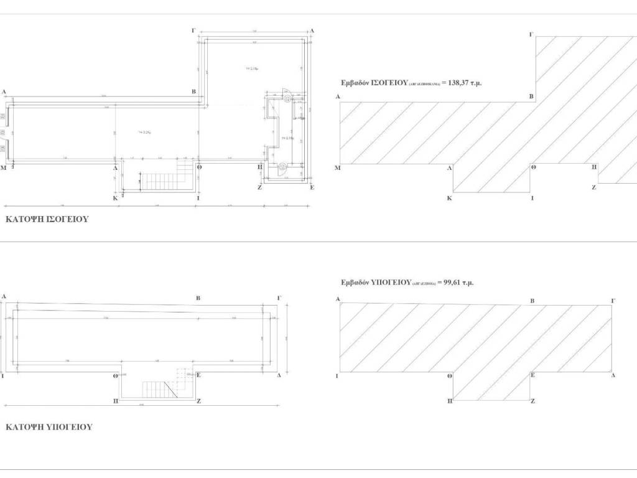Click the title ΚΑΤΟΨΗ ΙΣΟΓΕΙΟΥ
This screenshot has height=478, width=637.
pyautogui.click(x=47, y=220)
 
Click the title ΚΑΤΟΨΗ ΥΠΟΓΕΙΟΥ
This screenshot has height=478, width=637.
pyautogui.click(x=49, y=428)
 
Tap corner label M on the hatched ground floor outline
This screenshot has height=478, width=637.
pyautogui.click(x=337, y=168)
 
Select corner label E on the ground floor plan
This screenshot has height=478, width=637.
pyautogui.click(x=312, y=187)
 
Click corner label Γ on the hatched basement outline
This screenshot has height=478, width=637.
pyautogui.click(x=613, y=301)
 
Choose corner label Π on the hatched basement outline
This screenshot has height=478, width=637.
pyautogui.click(x=450, y=402)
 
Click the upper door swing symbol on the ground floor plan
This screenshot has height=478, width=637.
pyautogui.click(x=287, y=96)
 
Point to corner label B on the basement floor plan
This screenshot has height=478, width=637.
pyautogui.click(x=198, y=299)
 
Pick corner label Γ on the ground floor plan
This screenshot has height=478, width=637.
pyautogui.click(x=195, y=30)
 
